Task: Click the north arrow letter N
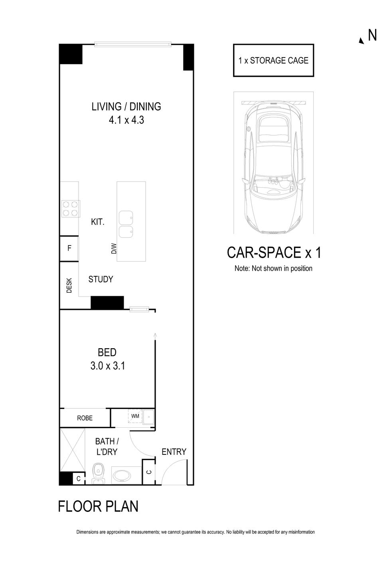pyautogui.click(x=372, y=36)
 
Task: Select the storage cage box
pyautogui.click(x=273, y=60)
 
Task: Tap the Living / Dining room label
pyautogui.click(x=126, y=107)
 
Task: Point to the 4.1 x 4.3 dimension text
pyautogui.click(x=126, y=120)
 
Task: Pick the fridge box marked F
pyautogui.click(x=69, y=248)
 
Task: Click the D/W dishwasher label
pyautogui.click(x=114, y=249)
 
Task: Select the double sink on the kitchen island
pyautogui.click(x=126, y=224)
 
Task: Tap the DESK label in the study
pyautogui.click(x=69, y=285)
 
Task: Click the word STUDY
pyautogui.click(x=101, y=279)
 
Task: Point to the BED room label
pyautogui.click(x=107, y=352)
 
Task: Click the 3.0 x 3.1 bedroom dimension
pyautogui.click(x=107, y=365)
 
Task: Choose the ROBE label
pyautogui.click(x=85, y=418)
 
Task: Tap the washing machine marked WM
pyautogui.click(x=135, y=416)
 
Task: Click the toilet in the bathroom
pyautogui.click(x=98, y=474)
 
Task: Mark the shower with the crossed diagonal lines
pyautogui.click(x=72, y=450)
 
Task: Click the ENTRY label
pyautogui.click(x=174, y=452)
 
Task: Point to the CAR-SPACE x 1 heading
pyautogui.click(x=274, y=253)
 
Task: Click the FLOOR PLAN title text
pyautogui.click(x=98, y=506)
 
